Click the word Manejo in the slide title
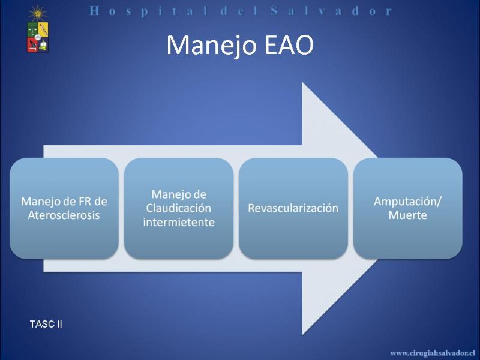click(212, 46)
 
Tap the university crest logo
click(38, 37)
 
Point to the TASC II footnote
click(46, 324)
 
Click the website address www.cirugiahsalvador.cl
click(433, 353)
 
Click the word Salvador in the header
click(331, 11)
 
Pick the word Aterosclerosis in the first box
click(64, 215)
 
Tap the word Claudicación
click(178, 208)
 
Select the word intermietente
click(178, 222)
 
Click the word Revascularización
click(293, 208)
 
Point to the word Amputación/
click(407, 202)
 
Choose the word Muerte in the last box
click(407, 215)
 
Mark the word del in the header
click(233, 11)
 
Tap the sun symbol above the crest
click(38, 13)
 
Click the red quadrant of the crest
click(32, 44)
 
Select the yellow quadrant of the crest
click(43, 29)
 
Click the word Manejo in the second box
click(179, 194)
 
